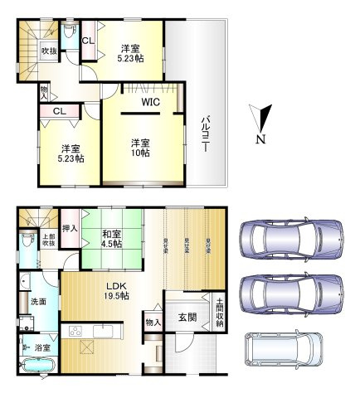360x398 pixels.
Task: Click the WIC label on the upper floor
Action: click(149, 102)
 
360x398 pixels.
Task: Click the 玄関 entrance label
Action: click(187, 318)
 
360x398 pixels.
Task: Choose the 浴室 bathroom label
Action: click(39, 349)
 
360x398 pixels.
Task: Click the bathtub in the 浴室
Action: click(38, 366)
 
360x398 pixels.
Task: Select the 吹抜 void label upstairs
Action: click(50, 52)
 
